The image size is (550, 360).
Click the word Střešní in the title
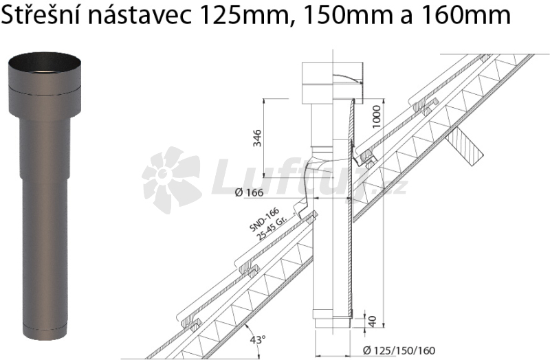[42, 15]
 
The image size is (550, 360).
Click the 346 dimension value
[257, 138]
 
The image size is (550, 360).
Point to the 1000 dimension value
[376, 117]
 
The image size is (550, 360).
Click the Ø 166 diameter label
[249, 192]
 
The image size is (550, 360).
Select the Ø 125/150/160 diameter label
[399, 350]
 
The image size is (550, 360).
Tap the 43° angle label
[258, 340]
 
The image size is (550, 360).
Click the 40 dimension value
[373, 321]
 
